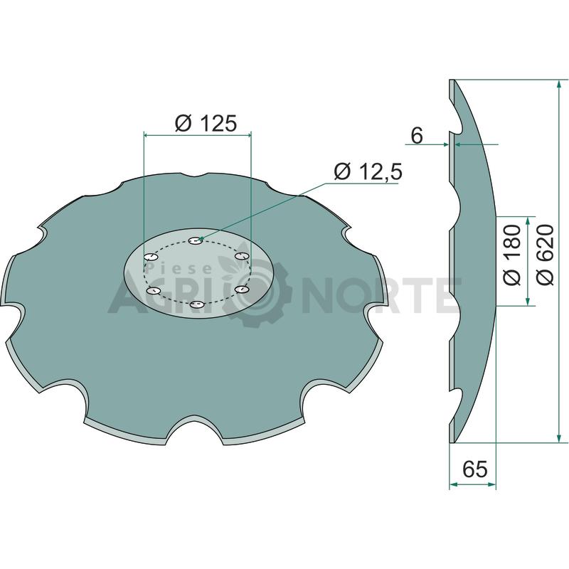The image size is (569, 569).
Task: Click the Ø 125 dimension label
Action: pos(206,123)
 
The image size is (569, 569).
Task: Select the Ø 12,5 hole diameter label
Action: pos(368,171)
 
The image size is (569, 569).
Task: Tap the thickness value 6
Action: pos(417,136)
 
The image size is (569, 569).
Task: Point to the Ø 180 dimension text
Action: pos(512,255)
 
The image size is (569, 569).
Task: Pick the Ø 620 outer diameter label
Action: pos(545,255)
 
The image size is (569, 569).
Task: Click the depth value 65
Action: pos(475,469)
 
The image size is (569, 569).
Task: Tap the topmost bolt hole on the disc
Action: pos(196,240)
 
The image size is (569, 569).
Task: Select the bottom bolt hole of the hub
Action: pos(197,304)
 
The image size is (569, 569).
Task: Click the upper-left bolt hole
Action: pos(151,257)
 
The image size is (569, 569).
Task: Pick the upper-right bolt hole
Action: pos(241,256)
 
